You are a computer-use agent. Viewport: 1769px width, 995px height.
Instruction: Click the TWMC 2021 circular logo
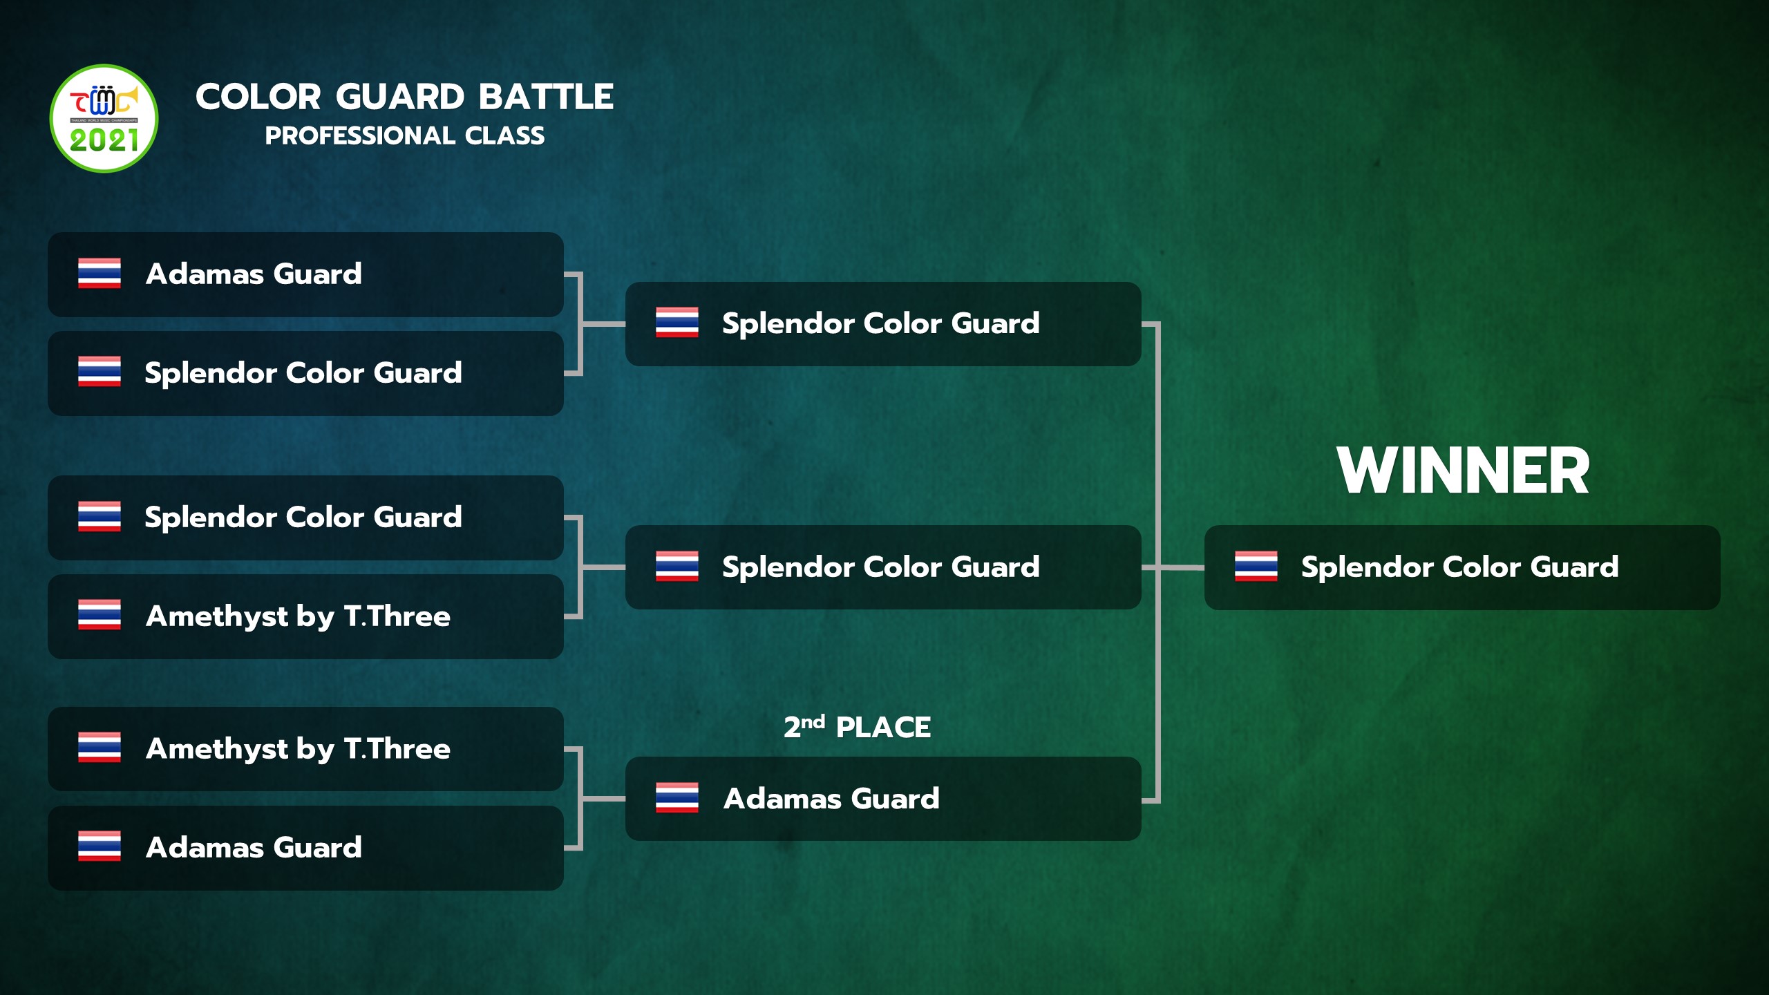(x=104, y=118)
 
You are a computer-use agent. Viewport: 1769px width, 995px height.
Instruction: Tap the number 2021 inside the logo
(x=104, y=141)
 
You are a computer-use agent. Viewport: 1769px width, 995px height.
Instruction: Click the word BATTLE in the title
(x=546, y=97)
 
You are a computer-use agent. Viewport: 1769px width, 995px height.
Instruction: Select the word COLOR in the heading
(x=258, y=97)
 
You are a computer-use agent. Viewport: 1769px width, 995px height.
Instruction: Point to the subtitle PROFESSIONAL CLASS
(x=405, y=135)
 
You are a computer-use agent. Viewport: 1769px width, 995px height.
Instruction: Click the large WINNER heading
(x=1463, y=471)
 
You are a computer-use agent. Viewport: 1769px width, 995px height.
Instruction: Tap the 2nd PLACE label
(x=857, y=727)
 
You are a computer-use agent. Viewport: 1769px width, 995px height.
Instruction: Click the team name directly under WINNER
(x=1459, y=567)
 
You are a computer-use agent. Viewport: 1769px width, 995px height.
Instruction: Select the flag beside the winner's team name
(x=1256, y=567)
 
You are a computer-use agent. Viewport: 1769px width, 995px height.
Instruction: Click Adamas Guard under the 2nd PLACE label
(x=831, y=799)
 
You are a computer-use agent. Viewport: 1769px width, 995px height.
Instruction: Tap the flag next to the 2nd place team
(x=677, y=798)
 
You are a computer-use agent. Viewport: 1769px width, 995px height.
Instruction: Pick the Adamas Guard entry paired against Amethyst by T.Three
(x=254, y=848)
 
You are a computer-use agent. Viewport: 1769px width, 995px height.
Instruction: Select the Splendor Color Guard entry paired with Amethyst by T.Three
(x=303, y=518)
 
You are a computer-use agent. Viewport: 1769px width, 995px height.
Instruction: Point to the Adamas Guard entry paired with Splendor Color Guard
(x=254, y=274)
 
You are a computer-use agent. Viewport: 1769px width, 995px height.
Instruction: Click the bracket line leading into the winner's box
(x=1173, y=567)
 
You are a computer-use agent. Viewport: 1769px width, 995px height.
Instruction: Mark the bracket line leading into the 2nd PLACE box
(x=603, y=799)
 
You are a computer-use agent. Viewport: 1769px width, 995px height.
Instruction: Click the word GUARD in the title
(x=400, y=97)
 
